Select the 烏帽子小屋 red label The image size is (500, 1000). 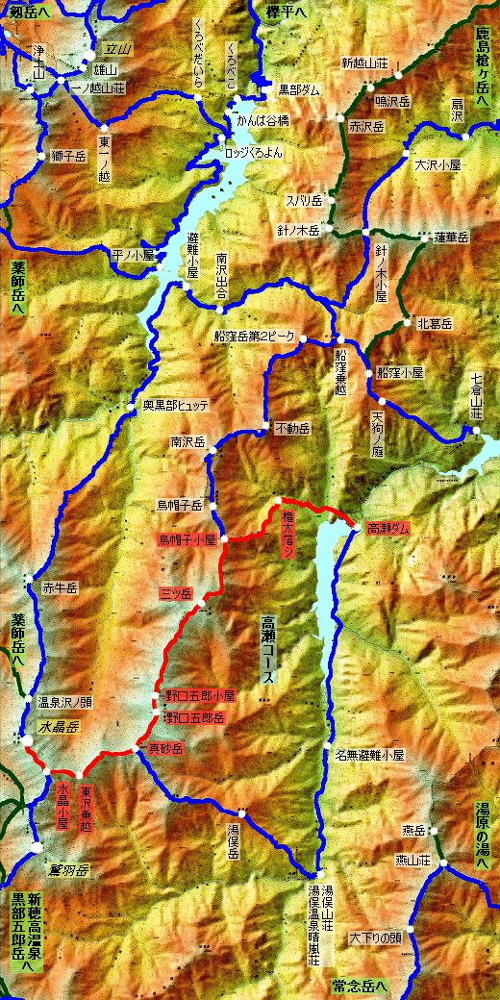point(187,540)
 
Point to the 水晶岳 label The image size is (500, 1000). point(57,725)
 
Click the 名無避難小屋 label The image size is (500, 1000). point(376,755)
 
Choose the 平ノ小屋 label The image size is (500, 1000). point(133,256)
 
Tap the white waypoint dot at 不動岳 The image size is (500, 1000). point(262,429)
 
